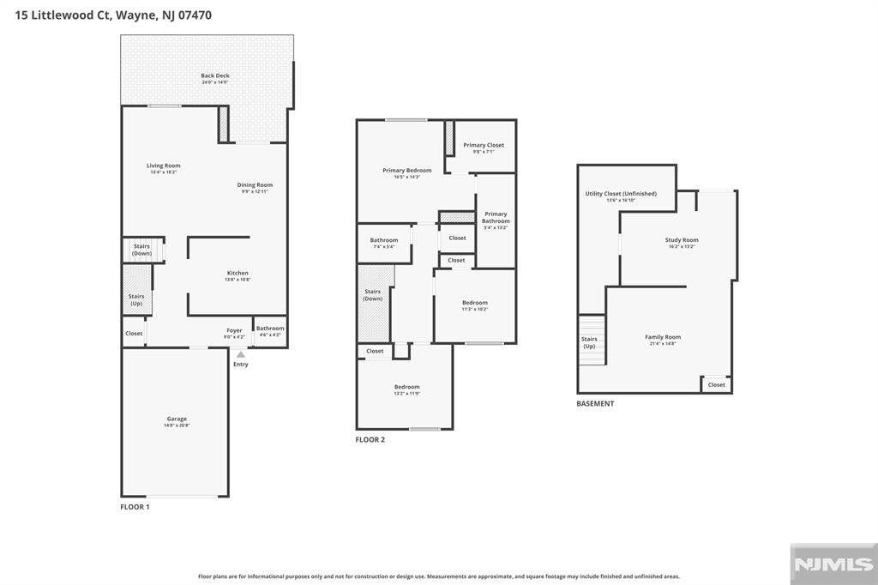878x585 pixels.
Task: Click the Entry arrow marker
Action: (x=241, y=354)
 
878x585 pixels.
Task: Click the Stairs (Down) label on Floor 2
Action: (x=373, y=294)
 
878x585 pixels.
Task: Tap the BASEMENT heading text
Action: (x=595, y=403)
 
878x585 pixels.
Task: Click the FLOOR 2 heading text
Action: (x=370, y=439)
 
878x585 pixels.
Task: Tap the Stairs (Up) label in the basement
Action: (x=589, y=342)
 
